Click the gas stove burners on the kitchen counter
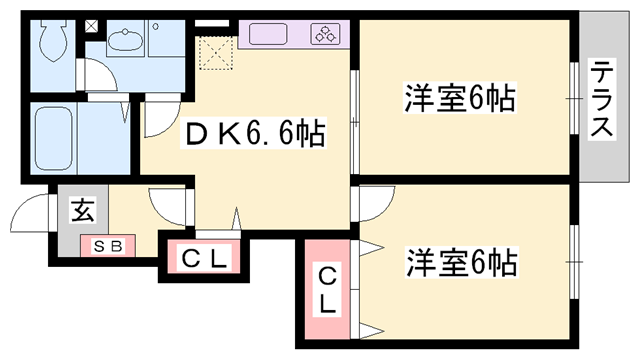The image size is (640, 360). tap(326, 33)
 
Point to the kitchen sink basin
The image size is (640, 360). tap(263, 34)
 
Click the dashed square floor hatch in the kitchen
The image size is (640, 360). tap(215, 49)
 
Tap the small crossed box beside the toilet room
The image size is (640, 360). tap(92, 26)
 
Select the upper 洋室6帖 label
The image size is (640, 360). tap(460, 99)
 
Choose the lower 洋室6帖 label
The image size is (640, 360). tap(461, 264)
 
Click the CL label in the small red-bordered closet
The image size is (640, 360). tap(205, 260)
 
